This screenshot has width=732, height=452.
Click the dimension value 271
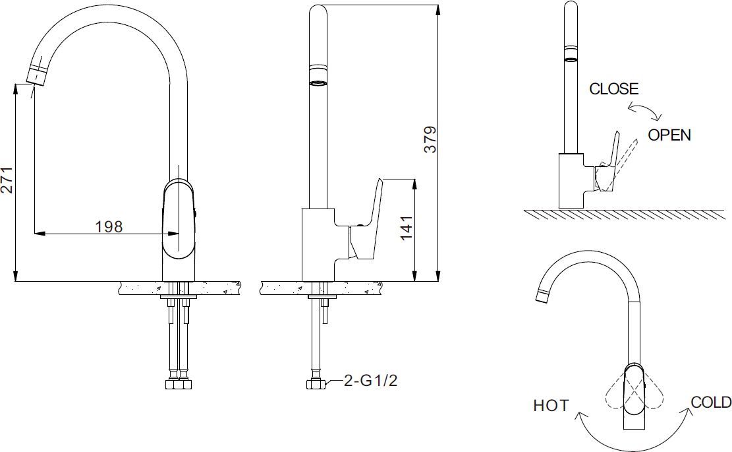7,179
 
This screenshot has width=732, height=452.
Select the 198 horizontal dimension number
109,226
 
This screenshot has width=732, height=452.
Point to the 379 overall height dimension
430,139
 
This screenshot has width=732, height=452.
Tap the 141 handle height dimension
406,228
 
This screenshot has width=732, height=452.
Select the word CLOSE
613,89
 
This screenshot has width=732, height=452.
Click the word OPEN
669,135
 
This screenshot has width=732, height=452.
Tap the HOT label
551,405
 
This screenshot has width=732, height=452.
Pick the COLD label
710,403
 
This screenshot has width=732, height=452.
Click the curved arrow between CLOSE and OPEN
644,110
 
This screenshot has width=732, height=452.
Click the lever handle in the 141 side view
369,218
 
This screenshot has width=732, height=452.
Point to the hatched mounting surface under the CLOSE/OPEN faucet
626,214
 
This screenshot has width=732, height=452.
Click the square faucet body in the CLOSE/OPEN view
571,180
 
